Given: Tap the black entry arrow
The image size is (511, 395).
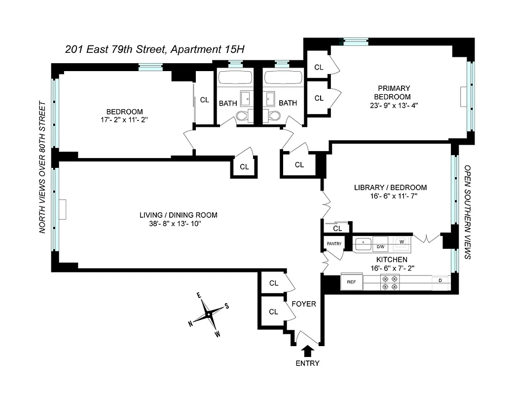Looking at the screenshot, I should click(x=308, y=351).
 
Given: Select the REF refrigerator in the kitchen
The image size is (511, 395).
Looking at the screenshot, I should click(x=352, y=282).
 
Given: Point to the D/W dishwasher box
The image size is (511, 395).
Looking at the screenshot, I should click(x=380, y=246).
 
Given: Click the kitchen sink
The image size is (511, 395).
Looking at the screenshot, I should click(x=364, y=243).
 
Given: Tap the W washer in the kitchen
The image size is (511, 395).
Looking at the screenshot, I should click(x=401, y=242).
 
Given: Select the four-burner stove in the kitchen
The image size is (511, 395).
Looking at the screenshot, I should click(x=389, y=282).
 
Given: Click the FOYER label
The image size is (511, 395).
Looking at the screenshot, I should click(x=304, y=304).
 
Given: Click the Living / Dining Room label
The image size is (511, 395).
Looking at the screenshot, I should click(x=178, y=215).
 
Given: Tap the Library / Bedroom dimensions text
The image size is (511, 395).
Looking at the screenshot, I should click(x=390, y=196).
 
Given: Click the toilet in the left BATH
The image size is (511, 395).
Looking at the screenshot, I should click(x=243, y=116).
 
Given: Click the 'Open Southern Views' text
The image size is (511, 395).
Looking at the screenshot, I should click(x=468, y=212).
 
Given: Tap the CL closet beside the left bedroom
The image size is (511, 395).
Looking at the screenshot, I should click(x=204, y=100).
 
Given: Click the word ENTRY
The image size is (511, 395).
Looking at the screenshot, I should click(x=308, y=363).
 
